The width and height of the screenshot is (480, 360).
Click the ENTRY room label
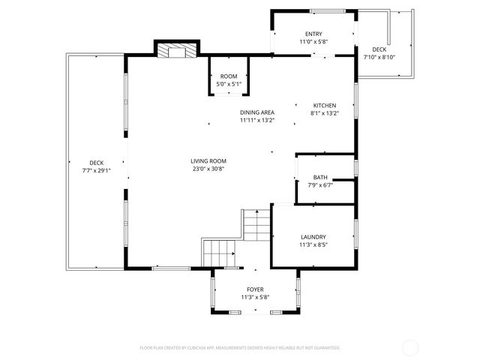[313, 34]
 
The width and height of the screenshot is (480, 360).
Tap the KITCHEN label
[325, 106]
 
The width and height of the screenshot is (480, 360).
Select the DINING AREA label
[256, 112]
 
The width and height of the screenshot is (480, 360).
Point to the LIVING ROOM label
[208, 161]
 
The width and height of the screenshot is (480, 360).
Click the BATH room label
[320, 178]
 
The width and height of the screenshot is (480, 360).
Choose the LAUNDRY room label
[313, 236]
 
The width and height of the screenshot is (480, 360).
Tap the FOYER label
[255, 289]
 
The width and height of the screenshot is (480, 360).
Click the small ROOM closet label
[229, 76]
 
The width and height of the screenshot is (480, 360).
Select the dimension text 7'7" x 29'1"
[97, 170]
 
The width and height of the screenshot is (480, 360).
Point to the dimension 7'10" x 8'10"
[379, 57]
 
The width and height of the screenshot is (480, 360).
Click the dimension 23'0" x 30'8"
[208, 169]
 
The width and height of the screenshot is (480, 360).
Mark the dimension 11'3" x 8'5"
[313, 244]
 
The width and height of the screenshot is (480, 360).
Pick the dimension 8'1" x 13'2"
[325, 113]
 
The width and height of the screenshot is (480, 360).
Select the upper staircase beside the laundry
[255, 223]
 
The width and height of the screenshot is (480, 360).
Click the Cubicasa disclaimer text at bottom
[240, 348]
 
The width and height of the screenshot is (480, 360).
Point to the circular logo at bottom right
[410, 347]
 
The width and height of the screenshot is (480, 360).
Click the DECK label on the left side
[97, 163]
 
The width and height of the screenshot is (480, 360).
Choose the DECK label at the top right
[379, 49]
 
